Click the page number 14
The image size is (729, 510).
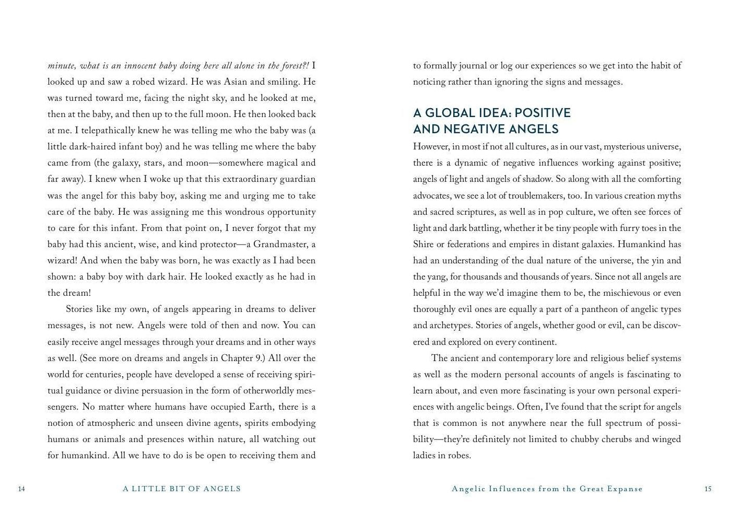21,489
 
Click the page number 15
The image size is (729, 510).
708,489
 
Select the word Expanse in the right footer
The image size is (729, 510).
624,489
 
